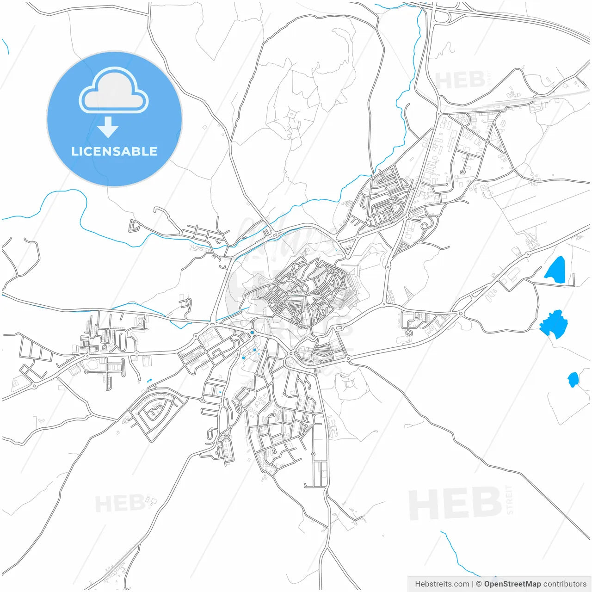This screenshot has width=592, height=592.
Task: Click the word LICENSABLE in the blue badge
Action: click(x=114, y=152)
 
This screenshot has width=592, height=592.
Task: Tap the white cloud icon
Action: click(x=114, y=91)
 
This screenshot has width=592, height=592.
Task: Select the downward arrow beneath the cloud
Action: click(x=108, y=127)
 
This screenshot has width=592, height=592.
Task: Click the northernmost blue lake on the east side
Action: click(x=555, y=270)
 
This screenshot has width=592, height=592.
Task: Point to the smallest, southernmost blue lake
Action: click(x=573, y=380)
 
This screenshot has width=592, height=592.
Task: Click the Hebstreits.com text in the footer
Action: click(x=442, y=584)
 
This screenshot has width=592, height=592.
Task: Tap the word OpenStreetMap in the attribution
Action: click(x=512, y=584)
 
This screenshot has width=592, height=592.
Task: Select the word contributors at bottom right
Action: click(x=565, y=584)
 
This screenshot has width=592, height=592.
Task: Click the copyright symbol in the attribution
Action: click(x=479, y=584)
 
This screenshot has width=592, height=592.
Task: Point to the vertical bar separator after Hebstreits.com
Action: click(x=473, y=584)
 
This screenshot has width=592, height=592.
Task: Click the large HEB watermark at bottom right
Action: click(x=455, y=503)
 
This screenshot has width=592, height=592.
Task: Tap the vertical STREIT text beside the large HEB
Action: click(x=509, y=499)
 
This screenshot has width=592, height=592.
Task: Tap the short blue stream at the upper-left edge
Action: click(x=6, y=45)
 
